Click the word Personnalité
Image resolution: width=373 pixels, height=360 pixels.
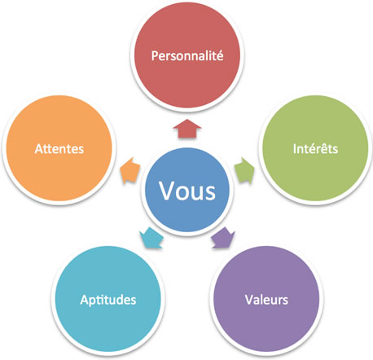187,55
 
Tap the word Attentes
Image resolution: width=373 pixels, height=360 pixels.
59,149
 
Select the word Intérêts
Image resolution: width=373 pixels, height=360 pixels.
315,148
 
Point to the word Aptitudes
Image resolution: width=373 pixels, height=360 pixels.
108,300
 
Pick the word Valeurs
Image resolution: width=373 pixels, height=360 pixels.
266,300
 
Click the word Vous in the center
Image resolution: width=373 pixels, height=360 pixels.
187,191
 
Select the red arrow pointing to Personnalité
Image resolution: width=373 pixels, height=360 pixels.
187,129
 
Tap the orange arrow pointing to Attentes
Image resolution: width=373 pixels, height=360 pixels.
130,170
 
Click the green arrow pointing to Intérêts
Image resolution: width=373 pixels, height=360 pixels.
244,170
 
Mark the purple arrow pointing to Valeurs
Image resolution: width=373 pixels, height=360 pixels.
223,238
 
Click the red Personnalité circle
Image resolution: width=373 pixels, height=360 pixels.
187,55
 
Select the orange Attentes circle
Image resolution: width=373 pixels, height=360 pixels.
59,148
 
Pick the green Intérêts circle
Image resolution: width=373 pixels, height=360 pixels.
315,148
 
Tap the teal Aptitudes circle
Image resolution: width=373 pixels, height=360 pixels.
108,299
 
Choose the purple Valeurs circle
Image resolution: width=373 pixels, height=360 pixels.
266,299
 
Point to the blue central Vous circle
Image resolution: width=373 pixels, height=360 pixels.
187,190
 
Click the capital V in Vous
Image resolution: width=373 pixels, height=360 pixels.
168,191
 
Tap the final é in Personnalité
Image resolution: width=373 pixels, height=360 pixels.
219,55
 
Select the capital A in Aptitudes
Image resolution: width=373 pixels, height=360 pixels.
84,300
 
